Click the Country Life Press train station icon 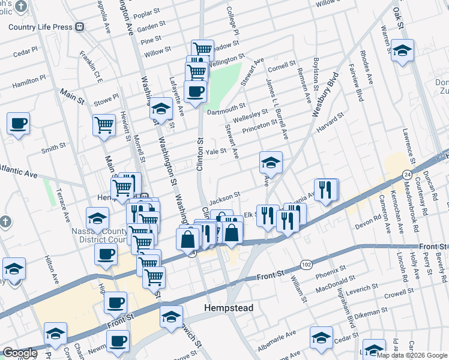click(x=79, y=27)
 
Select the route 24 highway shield click(x=406, y=174)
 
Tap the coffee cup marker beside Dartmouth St click(x=195, y=92)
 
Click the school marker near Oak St click(x=402, y=50)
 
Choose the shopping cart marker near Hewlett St click(x=104, y=125)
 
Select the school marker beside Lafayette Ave click(x=161, y=108)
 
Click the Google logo click(x=20, y=353)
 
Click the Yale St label click(x=215, y=152)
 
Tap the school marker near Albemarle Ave click(x=322, y=338)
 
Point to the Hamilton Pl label click(x=29, y=79)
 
